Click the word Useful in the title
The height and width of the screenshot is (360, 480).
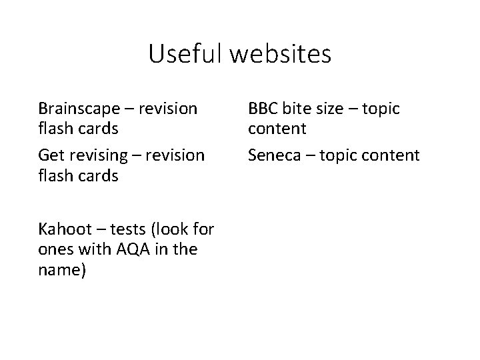click(185, 54)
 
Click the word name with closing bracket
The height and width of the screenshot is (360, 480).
click(62, 271)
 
